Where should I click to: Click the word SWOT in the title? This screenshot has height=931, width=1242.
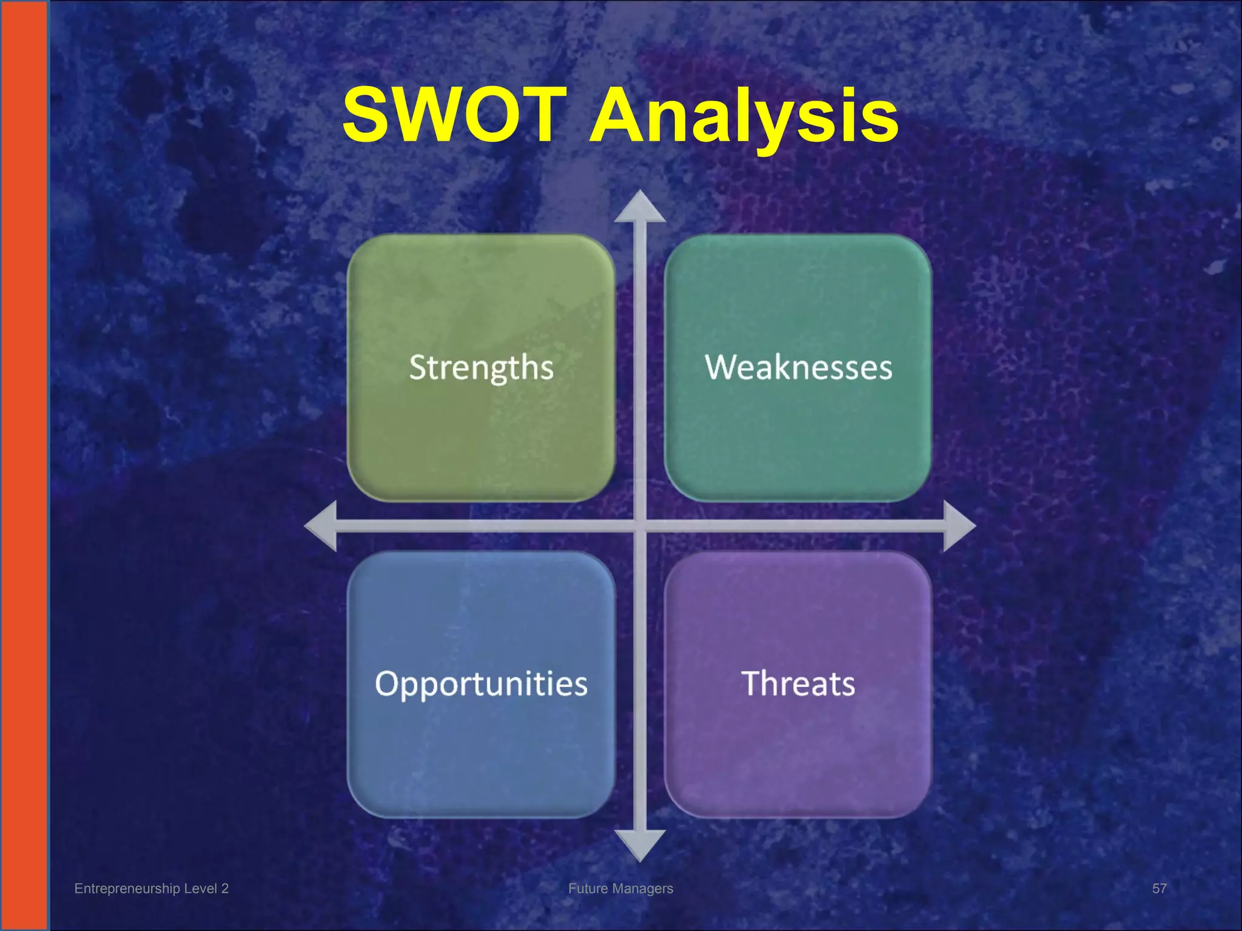click(455, 115)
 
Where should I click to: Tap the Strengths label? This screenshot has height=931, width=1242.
click(481, 368)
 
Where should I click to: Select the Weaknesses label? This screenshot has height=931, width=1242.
click(798, 367)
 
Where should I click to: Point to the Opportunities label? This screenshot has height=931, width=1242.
click(481, 684)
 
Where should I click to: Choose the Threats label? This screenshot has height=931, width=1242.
click(798, 684)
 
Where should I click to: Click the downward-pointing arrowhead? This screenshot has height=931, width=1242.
click(640, 845)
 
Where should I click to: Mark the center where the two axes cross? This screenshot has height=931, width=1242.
click(640, 526)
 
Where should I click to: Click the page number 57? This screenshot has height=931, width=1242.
click(1159, 889)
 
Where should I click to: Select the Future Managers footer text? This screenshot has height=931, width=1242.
click(620, 889)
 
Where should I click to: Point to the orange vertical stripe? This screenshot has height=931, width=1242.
click(23, 465)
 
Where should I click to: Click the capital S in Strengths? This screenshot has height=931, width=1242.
click(417, 367)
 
